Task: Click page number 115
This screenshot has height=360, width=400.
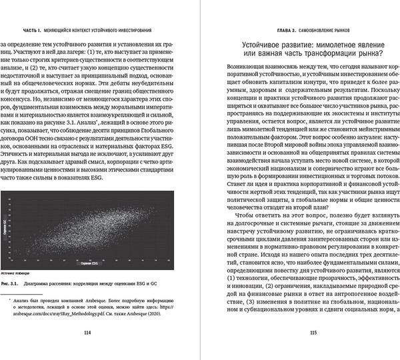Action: coord(303,334)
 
